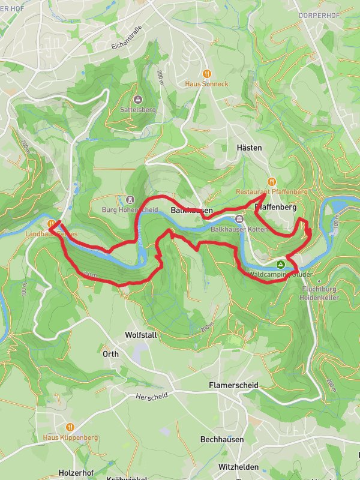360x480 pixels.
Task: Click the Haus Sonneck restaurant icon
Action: coord(206,73)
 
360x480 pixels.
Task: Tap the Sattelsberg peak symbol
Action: coord(139,99)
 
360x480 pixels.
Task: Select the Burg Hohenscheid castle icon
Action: coord(130,199)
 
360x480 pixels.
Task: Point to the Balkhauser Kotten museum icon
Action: coord(239,219)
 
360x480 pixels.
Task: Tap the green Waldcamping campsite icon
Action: coord(280,264)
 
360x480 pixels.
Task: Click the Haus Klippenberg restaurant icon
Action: coord(70,427)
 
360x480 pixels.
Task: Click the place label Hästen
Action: coord(249,147)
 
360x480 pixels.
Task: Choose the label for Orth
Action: coord(110,354)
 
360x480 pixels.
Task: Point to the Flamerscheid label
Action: coord(233,385)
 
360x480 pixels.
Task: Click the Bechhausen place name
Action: coord(222,439)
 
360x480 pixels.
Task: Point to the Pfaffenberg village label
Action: coord(277,207)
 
